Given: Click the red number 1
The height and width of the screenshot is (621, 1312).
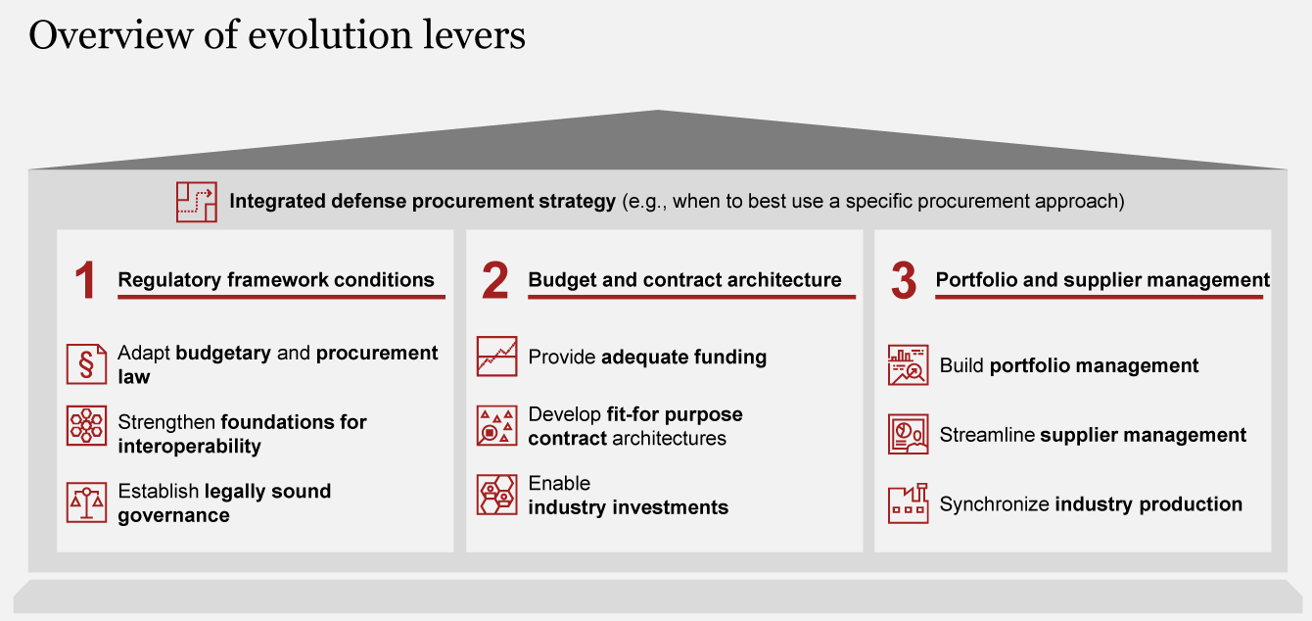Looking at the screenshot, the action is tap(85, 280).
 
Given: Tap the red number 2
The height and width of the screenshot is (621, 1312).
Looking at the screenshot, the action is tap(494, 280).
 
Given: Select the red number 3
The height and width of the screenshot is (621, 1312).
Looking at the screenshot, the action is tap(903, 280).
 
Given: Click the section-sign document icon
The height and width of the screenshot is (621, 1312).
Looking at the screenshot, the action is tap(87, 363).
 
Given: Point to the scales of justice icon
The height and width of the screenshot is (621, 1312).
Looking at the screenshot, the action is tap(87, 502).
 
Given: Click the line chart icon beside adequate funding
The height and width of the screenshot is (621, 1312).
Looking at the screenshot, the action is tap(496, 357).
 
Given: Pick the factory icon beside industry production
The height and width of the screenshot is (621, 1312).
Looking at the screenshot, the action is tap(908, 503).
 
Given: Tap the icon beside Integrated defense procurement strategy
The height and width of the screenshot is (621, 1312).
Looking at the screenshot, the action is tap(197, 202).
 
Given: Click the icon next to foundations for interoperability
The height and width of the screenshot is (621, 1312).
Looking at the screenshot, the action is tap(87, 425).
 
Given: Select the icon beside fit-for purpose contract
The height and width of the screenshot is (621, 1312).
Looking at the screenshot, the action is tap(496, 425).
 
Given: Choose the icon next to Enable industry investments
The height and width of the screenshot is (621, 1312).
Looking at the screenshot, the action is tap(496, 495).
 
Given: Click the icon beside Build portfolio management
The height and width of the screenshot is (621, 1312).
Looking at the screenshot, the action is tap(908, 365).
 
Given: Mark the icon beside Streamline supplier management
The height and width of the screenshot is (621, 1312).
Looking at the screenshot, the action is tap(908, 434).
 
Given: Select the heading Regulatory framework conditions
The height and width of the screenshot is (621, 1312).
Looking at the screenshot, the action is tap(276, 280).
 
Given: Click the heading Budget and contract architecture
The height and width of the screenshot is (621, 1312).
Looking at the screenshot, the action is tap(684, 280).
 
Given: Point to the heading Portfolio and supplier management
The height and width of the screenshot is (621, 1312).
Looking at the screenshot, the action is tap(1102, 280).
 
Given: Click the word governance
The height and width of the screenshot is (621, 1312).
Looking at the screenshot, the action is tap(173, 515).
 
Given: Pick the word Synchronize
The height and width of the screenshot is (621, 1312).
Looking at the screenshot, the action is tap(994, 504).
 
